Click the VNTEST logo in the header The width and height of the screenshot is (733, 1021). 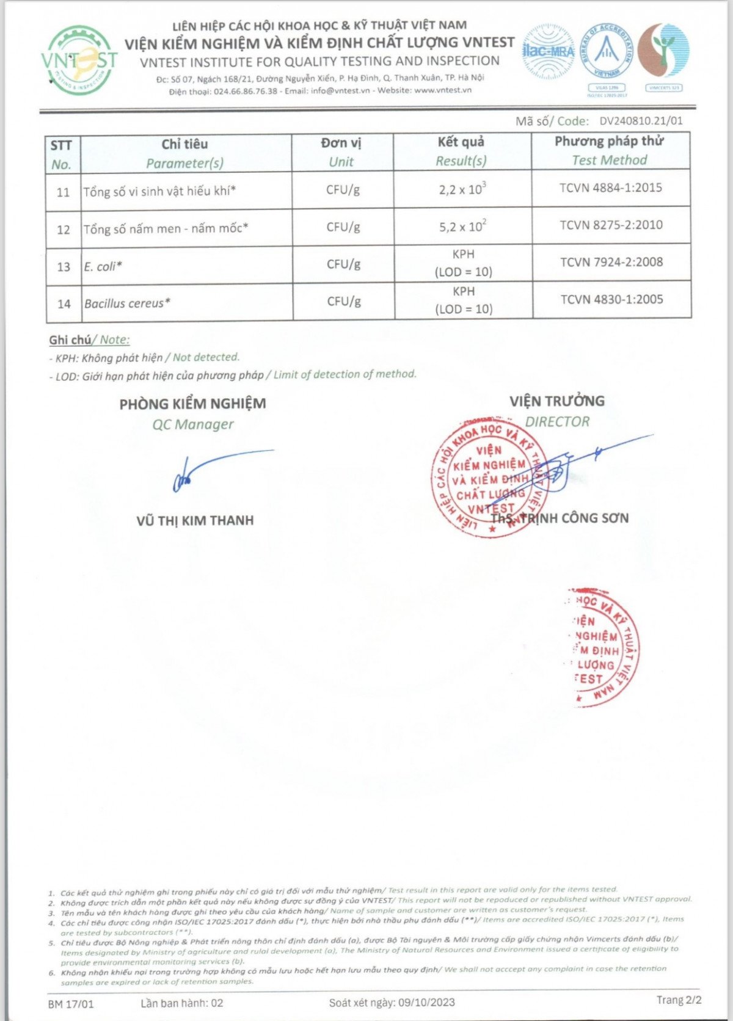(x=79, y=60)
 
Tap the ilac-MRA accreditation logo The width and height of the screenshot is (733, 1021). (x=548, y=51)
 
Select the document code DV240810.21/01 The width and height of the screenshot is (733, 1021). (x=641, y=121)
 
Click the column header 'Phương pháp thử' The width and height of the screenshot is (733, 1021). (x=609, y=141)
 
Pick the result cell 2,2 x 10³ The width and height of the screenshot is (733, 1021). (x=462, y=189)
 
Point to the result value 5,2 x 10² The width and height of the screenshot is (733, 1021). (x=462, y=227)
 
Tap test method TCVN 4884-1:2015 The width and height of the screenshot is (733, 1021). (x=611, y=187)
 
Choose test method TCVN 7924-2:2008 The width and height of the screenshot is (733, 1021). (x=611, y=262)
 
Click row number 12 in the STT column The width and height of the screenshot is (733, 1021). (x=64, y=230)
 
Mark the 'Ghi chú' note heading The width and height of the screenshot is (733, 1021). (x=70, y=340)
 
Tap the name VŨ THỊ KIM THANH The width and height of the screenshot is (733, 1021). (x=195, y=520)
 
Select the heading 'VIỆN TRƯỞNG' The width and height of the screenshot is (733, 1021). (x=557, y=401)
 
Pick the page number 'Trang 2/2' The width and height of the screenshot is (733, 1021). (x=679, y=1000)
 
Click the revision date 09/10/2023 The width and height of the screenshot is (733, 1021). (x=426, y=1002)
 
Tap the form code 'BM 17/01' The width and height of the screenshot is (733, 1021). (x=71, y=1003)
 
